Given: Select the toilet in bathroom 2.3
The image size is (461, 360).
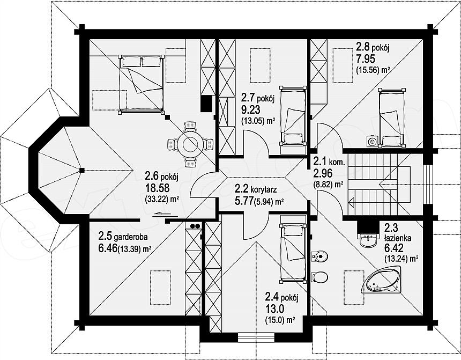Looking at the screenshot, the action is point(319,277).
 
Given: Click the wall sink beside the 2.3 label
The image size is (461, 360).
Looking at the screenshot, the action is point(368,240).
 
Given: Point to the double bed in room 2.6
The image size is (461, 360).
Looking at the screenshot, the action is point(141,85).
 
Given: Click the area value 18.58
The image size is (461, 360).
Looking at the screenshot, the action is point(156,188).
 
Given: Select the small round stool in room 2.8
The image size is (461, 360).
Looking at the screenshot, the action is point(372,142).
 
